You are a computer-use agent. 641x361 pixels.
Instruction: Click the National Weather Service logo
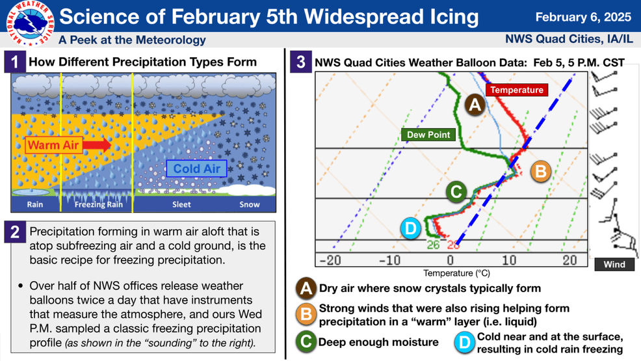coord(28,24)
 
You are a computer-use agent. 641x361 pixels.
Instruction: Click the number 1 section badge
coord(14,62)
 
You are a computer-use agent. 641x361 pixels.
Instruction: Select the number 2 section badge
coord(14,232)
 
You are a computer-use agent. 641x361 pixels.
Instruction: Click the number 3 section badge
coord(300,62)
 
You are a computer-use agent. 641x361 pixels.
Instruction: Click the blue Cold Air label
coord(196,169)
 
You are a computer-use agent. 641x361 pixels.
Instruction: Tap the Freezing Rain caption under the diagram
coord(98,204)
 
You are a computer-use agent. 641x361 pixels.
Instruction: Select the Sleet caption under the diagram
coord(181,204)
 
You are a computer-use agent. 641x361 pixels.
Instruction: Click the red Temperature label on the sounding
coord(517,90)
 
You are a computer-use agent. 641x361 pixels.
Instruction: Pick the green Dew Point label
coord(428,135)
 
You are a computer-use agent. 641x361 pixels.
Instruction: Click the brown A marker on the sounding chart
coord(475,104)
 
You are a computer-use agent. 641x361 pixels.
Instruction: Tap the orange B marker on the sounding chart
coord(540,172)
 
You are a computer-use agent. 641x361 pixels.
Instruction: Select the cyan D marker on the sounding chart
coord(411,228)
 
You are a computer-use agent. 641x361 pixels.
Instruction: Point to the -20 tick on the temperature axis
coord(330,260)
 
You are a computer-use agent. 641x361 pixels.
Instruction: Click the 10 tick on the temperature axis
coord(508,260)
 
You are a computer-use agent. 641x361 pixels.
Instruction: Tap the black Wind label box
coord(614,264)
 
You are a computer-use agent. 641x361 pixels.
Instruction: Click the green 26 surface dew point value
coord(433,245)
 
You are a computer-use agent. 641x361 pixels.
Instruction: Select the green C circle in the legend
coord(306,342)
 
